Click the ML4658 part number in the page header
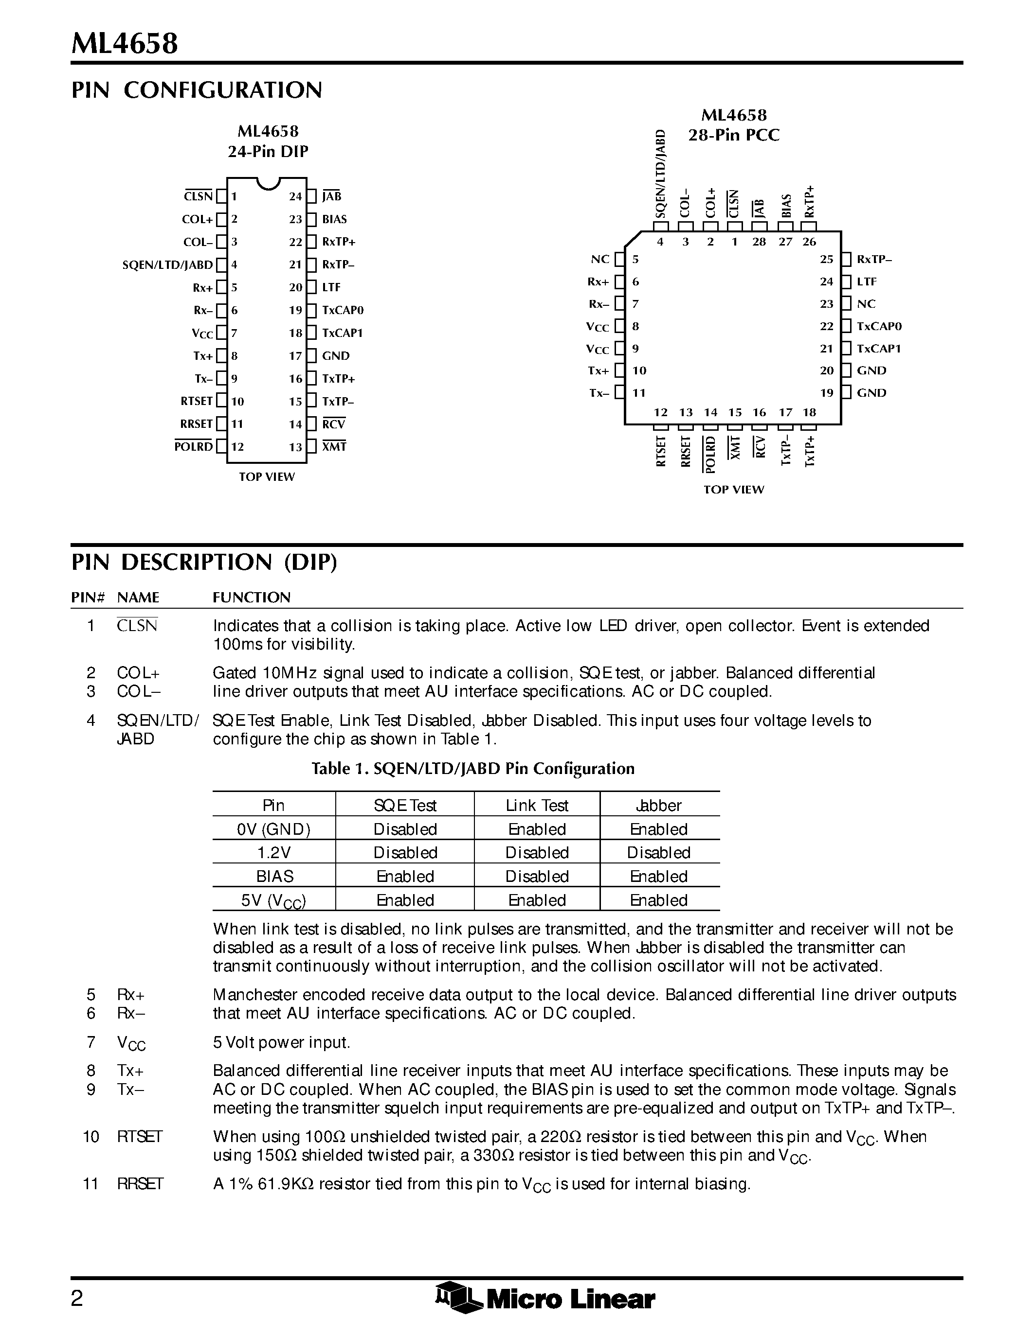125,44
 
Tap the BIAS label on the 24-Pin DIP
334,219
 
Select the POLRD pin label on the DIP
194,447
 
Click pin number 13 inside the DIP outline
296,447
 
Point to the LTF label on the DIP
331,287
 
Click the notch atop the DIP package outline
268,182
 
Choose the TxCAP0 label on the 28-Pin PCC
879,326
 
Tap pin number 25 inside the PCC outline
827,260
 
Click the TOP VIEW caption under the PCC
734,489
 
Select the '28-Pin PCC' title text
734,135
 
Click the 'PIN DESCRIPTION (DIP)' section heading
204,562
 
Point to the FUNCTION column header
252,598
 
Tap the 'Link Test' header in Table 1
537,806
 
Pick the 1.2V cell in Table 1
274,853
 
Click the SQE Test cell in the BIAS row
405,877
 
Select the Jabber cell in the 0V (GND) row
659,829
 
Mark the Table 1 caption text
473,769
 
